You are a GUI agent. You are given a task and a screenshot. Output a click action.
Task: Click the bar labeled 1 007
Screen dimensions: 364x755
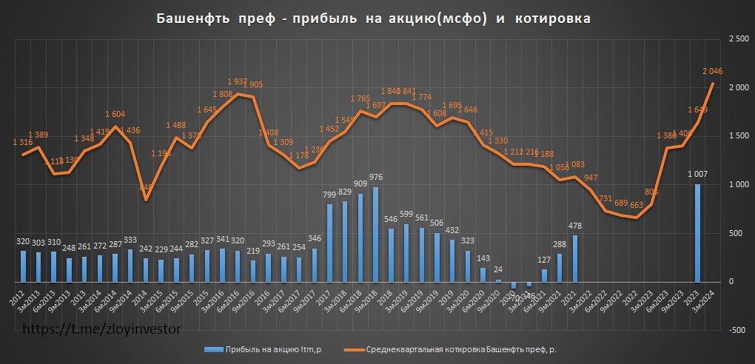(697, 233)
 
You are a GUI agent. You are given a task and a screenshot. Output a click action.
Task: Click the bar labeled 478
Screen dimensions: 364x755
(574, 259)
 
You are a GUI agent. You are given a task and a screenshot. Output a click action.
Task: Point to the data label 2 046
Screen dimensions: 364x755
(711, 71)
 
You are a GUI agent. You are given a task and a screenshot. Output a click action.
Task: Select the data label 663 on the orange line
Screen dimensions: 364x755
(634, 205)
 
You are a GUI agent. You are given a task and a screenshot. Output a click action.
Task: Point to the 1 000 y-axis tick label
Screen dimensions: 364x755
(734, 184)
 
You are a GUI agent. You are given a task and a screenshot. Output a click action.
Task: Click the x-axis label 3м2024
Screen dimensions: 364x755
(707, 299)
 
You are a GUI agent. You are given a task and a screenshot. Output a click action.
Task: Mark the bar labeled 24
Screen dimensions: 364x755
(497, 280)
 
